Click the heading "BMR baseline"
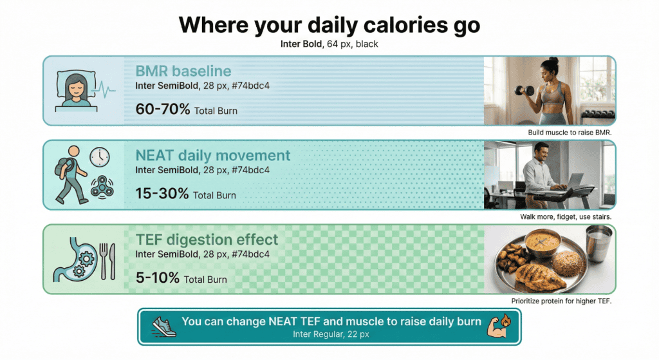183,71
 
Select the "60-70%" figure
163,109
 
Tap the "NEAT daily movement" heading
213,155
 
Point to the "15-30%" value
163,194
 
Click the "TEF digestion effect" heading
207,240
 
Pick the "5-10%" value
158,279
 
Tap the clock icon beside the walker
99,156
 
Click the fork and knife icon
107,258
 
